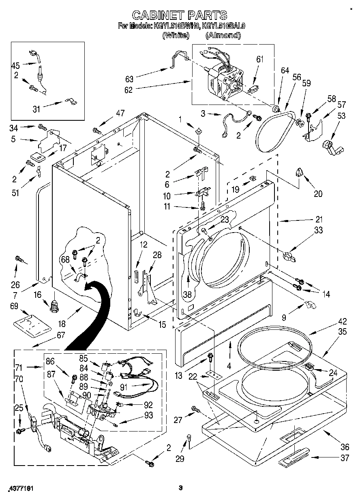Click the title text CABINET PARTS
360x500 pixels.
[x=180, y=15]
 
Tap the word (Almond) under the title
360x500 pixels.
[x=223, y=35]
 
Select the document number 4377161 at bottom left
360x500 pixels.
[x=20, y=489]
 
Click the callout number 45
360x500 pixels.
[x=15, y=65]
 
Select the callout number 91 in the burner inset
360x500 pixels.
[x=123, y=387]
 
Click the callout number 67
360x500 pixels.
[x=60, y=335]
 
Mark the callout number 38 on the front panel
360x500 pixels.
[x=187, y=295]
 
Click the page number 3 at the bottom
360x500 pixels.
[x=180, y=488]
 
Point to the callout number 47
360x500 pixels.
[x=120, y=113]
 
